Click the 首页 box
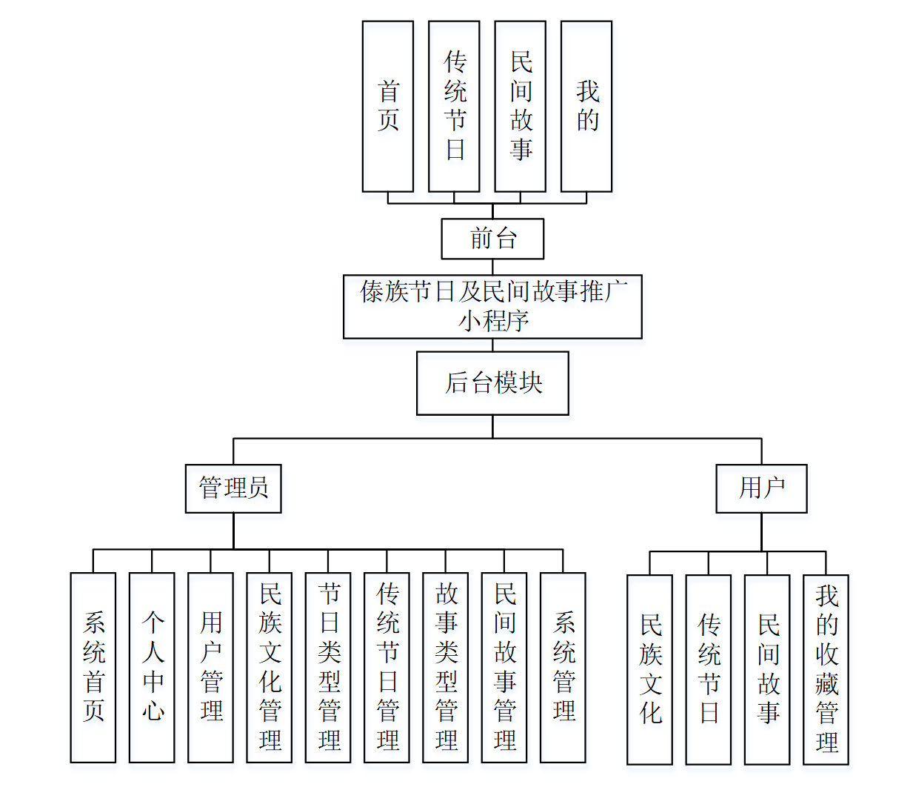coord(387,106)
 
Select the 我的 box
coord(586,106)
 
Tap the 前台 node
coord(492,239)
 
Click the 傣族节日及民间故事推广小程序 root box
coord(492,307)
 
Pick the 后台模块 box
coord(492,383)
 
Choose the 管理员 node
coord(233,488)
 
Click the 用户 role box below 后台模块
coord(761,488)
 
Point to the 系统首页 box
coord(93,667)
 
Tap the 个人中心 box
coord(152,667)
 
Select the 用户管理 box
coord(210,667)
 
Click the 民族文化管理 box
coord(270,667)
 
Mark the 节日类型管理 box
coord(328,667)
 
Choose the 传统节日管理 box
coord(387,667)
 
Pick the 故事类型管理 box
coord(445,667)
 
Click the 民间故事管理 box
coord(504,667)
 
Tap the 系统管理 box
coord(563,667)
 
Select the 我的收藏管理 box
coord(826,669)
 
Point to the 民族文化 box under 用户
coord(649,669)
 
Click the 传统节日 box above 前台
coord(454,106)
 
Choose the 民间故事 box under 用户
coord(767,669)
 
